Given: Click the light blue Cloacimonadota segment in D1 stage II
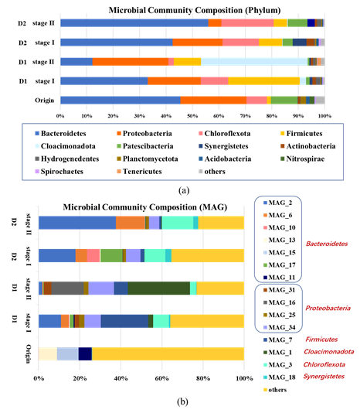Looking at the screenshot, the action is tap(254, 62).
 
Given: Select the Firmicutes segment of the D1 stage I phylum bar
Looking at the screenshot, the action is tap(264, 81).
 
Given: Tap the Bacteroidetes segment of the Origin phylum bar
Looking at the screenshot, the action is tap(121, 100).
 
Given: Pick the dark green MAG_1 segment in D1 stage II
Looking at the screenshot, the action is tap(159, 288).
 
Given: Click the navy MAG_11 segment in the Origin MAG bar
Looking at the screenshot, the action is tap(85, 353).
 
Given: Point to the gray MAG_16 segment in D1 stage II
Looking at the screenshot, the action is tap(67, 288).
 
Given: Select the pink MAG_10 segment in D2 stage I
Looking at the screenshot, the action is tap(93, 255).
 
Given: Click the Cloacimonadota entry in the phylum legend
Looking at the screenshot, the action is tap(65, 146).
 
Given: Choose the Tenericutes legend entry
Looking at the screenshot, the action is tap(140, 172).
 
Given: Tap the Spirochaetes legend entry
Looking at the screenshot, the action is tap(59, 172).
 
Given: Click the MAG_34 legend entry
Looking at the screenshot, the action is tap(280, 327).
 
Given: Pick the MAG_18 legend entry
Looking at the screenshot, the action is tap(280, 377).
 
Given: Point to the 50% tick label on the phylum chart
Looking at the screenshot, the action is tap(192, 116).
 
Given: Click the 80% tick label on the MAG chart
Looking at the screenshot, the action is tap(203, 378).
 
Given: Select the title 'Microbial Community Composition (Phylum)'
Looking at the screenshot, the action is tap(195, 10).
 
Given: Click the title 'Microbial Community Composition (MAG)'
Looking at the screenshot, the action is tap(145, 207).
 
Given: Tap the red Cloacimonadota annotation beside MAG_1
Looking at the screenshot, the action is tap(328, 352).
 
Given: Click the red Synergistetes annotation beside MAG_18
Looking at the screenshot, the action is tap(324, 377).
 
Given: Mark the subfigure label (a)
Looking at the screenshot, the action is tap(184, 190).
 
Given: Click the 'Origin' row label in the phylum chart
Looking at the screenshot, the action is tap(45, 101).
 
